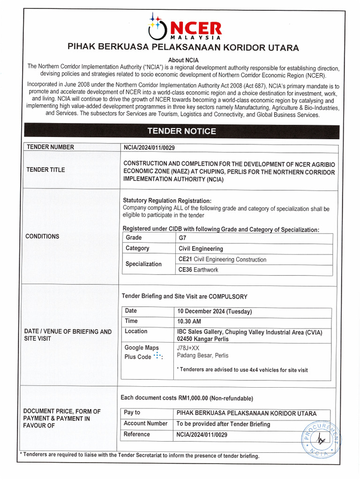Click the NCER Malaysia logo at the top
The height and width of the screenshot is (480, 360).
pos(184,27)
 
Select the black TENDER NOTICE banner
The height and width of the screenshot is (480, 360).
pos(182,131)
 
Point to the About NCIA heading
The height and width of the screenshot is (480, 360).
pos(183,60)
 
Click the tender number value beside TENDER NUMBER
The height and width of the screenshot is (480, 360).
pos(149,147)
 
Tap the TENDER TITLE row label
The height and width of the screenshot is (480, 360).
pos(46,170)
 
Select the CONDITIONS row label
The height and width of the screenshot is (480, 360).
pos(42,236)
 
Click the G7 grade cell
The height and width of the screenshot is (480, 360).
pos(183,238)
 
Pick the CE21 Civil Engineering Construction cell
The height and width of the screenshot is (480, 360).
pos(222,259)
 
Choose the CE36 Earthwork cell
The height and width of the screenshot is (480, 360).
pos(198,270)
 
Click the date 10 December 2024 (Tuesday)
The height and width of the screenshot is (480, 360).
pos(214,311)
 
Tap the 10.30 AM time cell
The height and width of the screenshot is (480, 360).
pos(189,322)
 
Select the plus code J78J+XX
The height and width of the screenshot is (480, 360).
pos(188,348)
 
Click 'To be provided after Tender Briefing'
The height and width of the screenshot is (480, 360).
pos(223,424)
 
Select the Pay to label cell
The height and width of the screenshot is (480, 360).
pos(132,412)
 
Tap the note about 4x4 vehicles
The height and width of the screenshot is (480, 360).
pos(242,370)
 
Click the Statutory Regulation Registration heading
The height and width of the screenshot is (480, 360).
pos(167,201)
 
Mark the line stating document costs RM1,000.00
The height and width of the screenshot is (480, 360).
pos(187,398)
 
